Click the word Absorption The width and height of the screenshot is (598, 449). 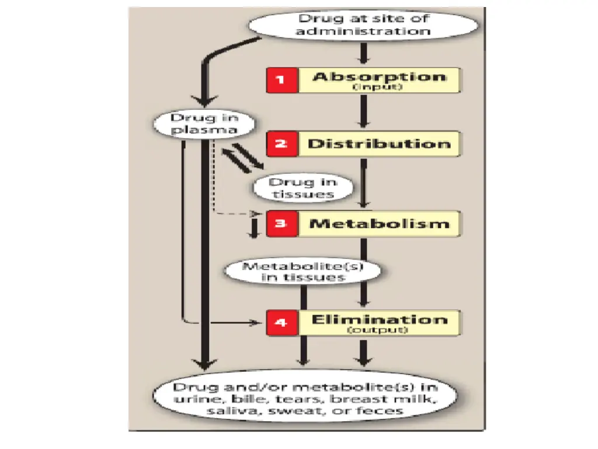380,77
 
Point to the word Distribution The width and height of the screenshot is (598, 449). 380,144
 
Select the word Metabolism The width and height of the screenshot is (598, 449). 380,223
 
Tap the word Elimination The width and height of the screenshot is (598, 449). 380,319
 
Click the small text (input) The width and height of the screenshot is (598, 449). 378,88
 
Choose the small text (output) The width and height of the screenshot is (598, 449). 378,330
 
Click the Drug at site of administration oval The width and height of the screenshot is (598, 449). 363,25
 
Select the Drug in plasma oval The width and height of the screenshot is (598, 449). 196,123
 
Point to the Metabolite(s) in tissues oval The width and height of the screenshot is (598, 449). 303,271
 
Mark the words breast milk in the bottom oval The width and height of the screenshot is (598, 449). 404,399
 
